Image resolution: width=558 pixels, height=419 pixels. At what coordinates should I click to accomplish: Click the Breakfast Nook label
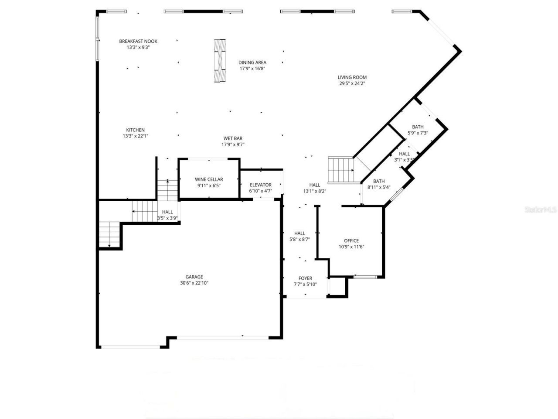(x=138, y=41)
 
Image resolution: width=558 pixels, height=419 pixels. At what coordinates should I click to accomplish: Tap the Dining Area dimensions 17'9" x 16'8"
(x=252, y=69)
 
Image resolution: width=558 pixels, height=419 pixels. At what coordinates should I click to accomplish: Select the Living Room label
(x=352, y=77)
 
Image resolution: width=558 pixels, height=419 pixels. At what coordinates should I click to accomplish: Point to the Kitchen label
(x=135, y=130)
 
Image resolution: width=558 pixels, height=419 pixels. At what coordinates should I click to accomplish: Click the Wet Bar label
(x=233, y=138)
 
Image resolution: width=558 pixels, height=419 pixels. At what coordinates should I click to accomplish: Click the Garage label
(x=194, y=277)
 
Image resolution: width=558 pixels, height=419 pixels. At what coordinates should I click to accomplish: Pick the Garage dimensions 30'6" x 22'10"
(x=194, y=283)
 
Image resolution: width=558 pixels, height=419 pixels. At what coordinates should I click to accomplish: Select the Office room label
(x=351, y=240)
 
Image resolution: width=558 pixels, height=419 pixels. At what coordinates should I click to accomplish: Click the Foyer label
(x=305, y=278)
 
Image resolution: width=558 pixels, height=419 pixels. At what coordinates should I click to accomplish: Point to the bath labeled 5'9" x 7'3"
(x=418, y=130)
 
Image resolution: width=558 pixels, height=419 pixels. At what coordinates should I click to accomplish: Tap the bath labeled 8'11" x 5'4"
(x=378, y=184)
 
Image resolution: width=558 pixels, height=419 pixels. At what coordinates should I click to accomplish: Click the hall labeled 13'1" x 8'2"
(x=314, y=188)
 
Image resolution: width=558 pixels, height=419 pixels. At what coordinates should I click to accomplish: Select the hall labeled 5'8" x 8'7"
(x=299, y=236)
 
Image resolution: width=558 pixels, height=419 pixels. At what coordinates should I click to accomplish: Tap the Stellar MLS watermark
(x=541, y=210)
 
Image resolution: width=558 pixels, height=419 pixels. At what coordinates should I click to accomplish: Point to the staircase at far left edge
(x=109, y=234)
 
